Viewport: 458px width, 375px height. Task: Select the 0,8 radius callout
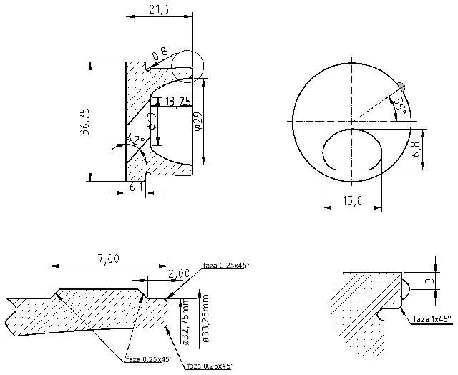pyautogui.click(x=159, y=52)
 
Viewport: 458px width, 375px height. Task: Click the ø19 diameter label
pyautogui.click(x=152, y=122)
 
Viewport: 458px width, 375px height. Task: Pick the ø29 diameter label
pyautogui.click(x=198, y=122)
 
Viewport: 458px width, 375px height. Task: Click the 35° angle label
pyautogui.click(x=402, y=107)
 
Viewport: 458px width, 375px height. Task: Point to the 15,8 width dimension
pyautogui.click(x=352, y=203)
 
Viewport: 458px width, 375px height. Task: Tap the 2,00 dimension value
pyautogui.click(x=178, y=273)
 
